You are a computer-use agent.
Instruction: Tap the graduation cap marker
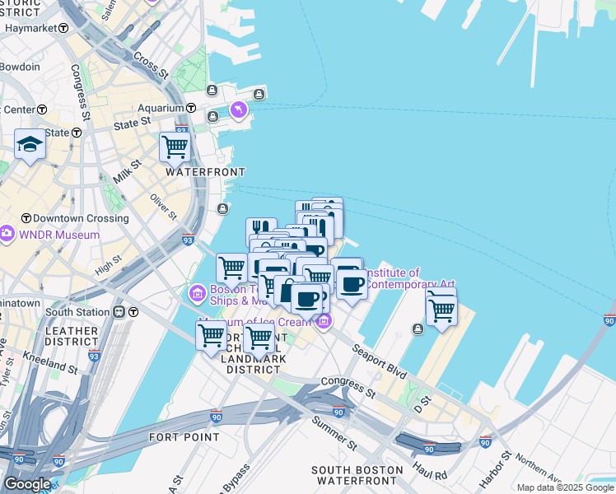[x=30, y=146]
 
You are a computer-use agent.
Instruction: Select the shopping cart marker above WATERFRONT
[x=175, y=147]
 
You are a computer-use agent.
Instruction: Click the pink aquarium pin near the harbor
[x=239, y=109]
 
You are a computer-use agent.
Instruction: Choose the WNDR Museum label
[x=59, y=235]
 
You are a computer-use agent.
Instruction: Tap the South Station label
[x=77, y=312]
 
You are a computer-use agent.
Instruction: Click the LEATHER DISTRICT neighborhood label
[x=72, y=335]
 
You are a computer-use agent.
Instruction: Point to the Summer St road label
[x=334, y=434]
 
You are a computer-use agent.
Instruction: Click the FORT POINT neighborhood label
[x=184, y=436]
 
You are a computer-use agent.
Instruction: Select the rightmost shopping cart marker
[x=441, y=310]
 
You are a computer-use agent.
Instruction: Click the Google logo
[x=27, y=484]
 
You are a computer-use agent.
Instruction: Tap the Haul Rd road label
[x=430, y=474]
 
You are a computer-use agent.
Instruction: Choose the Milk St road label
[x=122, y=174]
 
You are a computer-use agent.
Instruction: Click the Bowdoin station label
[x=20, y=67]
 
